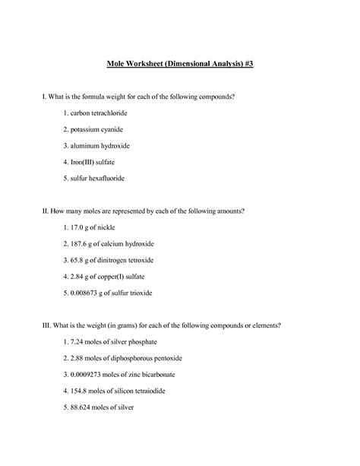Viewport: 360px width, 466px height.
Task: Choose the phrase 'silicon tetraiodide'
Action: pos(149,390)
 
